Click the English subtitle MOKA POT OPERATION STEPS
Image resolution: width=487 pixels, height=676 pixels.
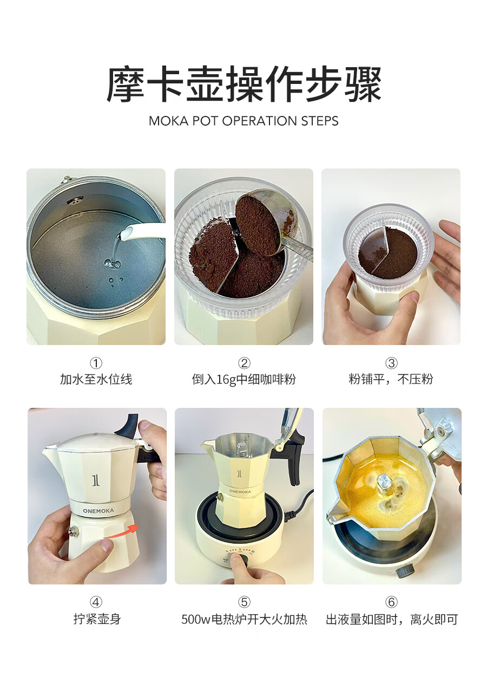(243, 121)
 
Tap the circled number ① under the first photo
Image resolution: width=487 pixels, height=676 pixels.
(96, 363)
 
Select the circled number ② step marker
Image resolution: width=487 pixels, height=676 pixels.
(244, 363)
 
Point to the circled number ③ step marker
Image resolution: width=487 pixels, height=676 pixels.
(391, 363)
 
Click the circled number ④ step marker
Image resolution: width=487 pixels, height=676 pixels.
(96, 602)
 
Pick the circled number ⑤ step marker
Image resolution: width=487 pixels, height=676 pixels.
(244, 602)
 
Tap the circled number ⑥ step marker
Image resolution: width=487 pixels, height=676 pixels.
(391, 602)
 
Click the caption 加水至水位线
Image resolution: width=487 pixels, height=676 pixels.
(96, 379)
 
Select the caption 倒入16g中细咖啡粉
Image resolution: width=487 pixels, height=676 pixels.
(243, 379)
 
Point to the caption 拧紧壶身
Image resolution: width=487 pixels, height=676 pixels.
(97, 619)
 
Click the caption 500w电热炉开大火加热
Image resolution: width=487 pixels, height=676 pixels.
(244, 619)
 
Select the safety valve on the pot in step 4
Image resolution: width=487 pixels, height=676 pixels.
(74, 531)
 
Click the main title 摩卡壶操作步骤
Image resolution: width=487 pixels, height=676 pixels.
(243, 84)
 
